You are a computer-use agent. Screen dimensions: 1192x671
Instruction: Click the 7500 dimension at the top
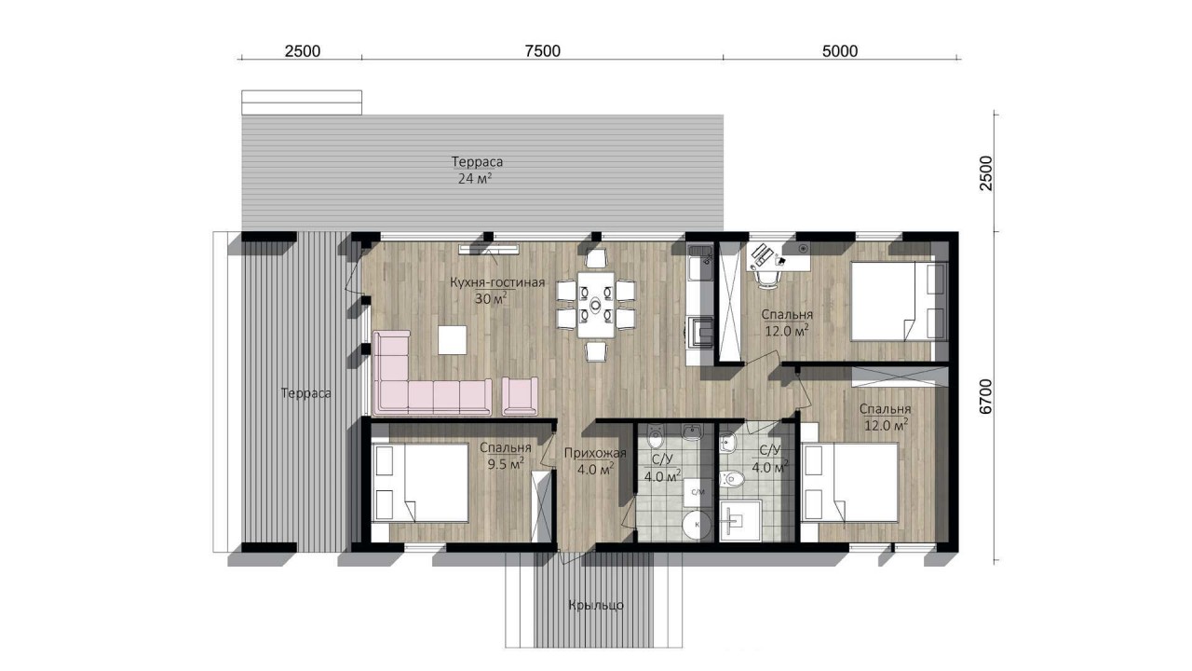(x=542, y=51)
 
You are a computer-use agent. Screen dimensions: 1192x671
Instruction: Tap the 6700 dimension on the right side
(x=985, y=396)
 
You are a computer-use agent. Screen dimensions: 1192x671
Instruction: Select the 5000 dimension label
(x=840, y=51)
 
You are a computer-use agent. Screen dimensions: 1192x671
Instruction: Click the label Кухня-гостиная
(x=497, y=282)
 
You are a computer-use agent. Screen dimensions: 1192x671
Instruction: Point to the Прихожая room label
(x=595, y=453)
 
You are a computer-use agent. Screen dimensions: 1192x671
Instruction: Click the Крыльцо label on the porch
(x=596, y=606)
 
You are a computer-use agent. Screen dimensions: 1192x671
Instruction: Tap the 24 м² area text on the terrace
(x=475, y=178)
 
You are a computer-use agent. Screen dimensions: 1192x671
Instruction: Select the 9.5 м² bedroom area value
(x=506, y=464)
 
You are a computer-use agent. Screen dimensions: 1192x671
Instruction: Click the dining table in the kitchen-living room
(x=596, y=305)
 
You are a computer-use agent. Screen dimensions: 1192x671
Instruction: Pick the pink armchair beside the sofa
(x=520, y=396)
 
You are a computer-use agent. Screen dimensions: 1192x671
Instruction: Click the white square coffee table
(x=453, y=340)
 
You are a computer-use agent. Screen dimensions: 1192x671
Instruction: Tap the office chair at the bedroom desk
(x=766, y=279)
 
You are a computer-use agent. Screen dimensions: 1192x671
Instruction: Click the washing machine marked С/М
(x=698, y=492)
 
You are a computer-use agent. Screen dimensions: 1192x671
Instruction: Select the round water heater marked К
(x=697, y=524)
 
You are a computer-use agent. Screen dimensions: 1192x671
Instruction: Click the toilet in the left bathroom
(x=655, y=437)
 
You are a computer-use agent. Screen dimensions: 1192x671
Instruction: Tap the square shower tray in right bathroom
(x=740, y=521)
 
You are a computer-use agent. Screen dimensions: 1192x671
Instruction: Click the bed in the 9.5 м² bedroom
(x=420, y=483)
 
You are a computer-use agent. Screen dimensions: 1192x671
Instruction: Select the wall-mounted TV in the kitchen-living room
(x=490, y=249)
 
